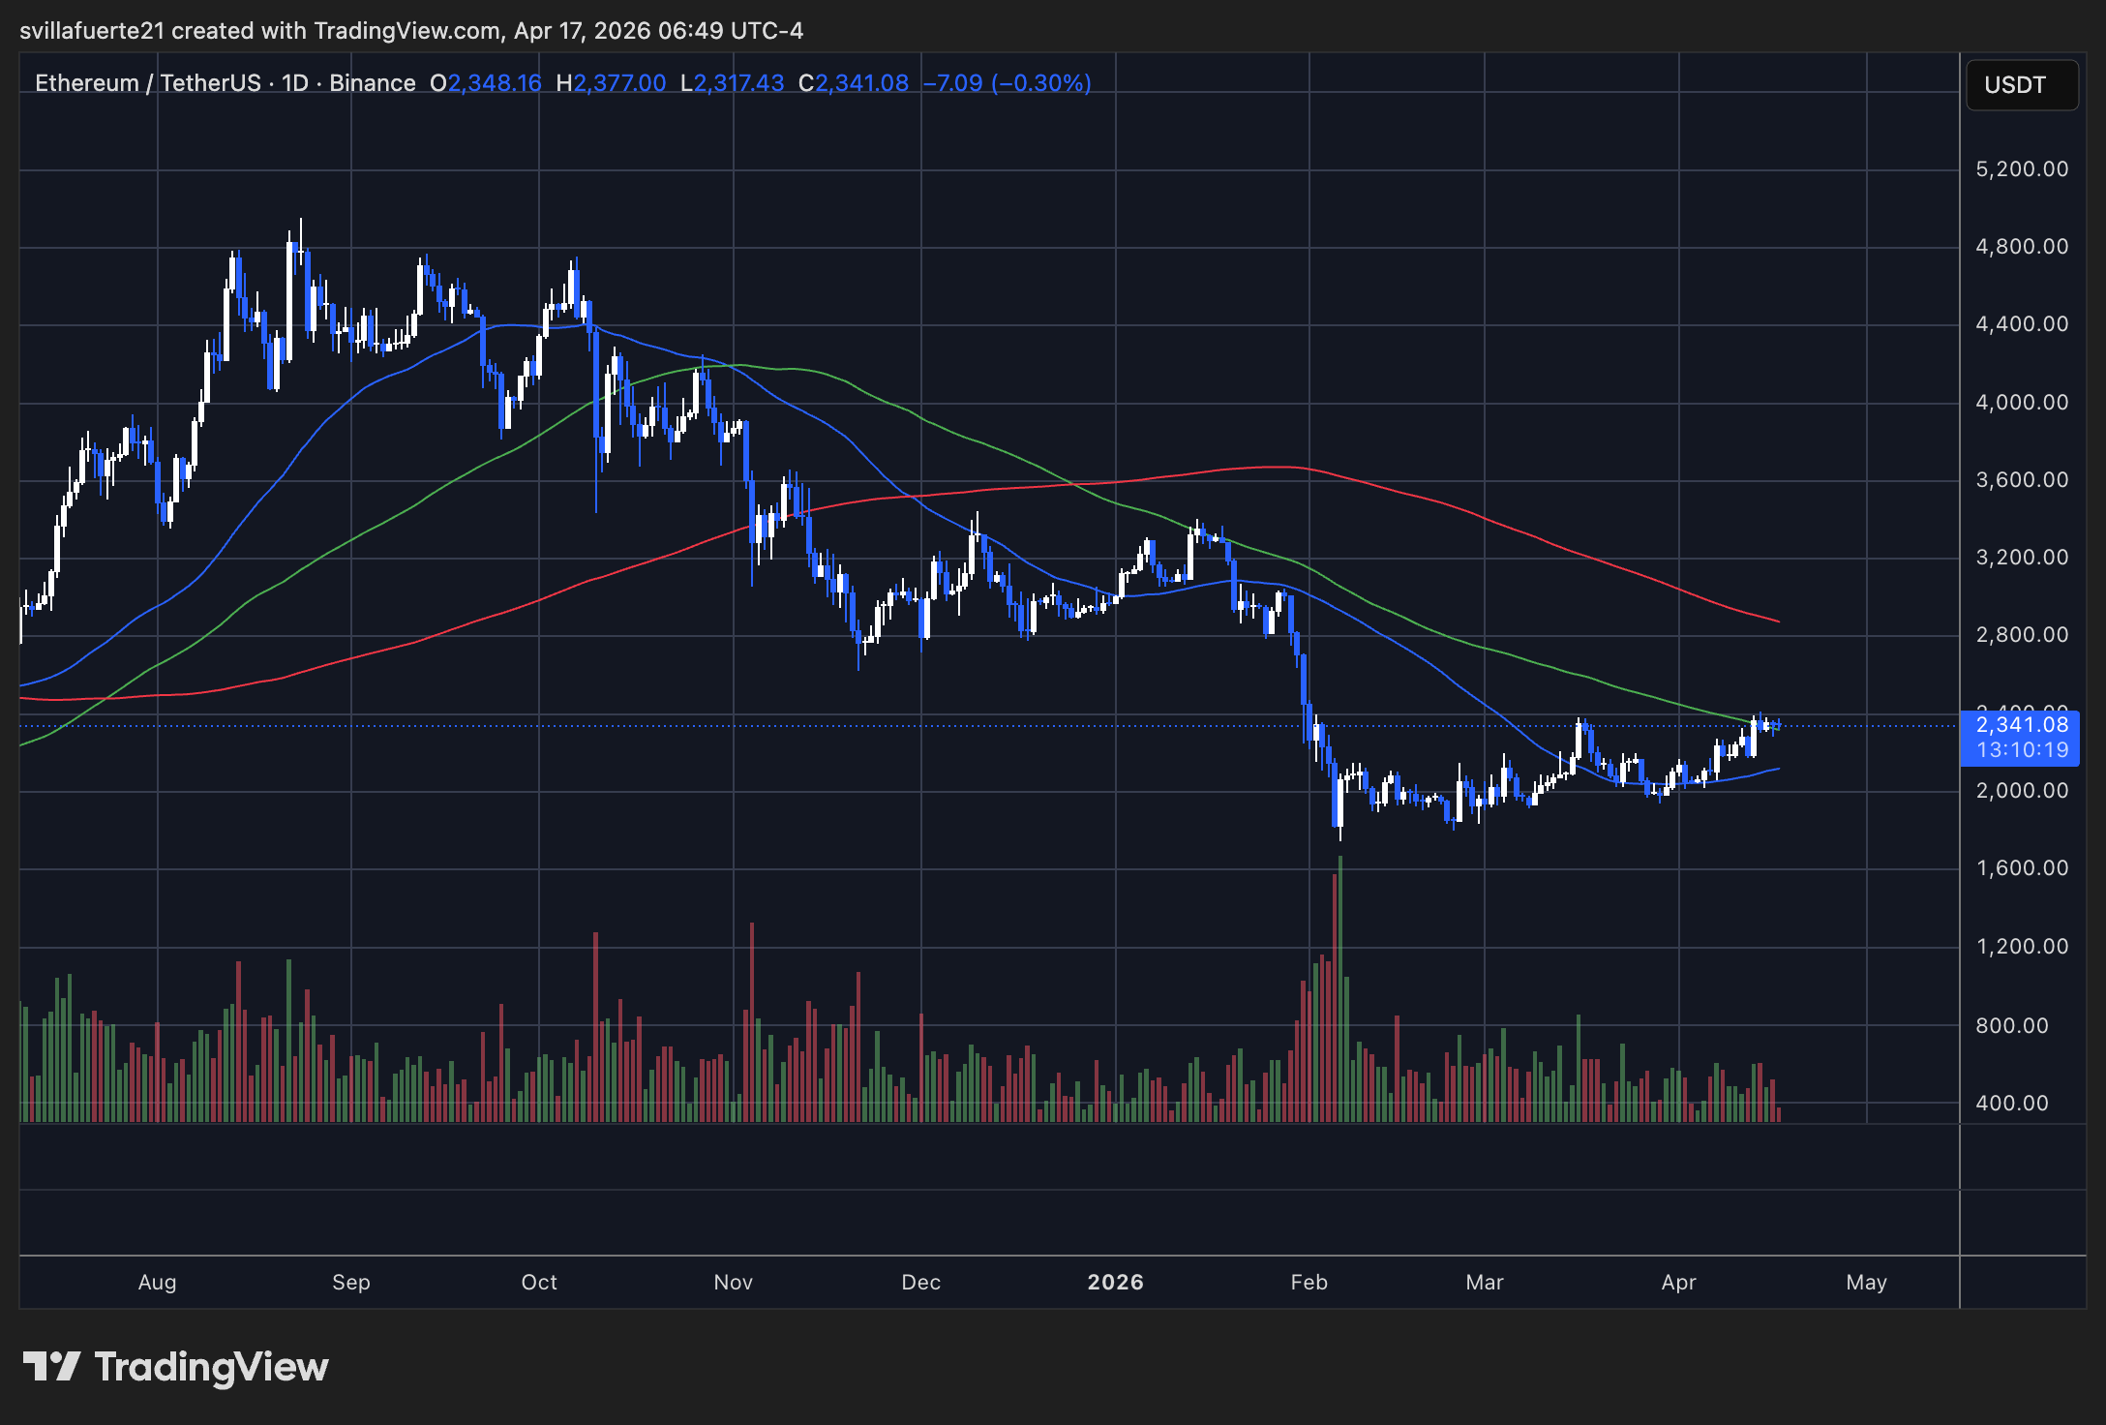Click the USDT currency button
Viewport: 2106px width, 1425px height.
pos(2021,85)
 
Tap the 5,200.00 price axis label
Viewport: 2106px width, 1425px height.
pos(2021,169)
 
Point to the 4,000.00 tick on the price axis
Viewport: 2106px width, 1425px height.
pos(2021,403)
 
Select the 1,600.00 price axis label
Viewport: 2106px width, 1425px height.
pos(2021,868)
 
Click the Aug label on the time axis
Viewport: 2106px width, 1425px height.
pos(157,1283)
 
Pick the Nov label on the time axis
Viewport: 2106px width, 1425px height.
pos(733,1283)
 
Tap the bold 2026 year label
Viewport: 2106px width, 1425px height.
pos(1115,1283)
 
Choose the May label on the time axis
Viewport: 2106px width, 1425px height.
pos(1866,1283)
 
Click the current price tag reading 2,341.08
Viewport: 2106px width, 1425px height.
pos(2021,725)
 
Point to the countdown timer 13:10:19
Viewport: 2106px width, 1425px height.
pos(2021,750)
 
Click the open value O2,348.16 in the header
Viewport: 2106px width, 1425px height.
pos(486,83)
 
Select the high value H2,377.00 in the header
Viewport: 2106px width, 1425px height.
pos(611,83)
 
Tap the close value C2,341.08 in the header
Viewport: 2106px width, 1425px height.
pos(854,83)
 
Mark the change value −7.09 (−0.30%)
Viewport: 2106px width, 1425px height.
pos(1007,83)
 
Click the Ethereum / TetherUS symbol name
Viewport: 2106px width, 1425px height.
pos(148,83)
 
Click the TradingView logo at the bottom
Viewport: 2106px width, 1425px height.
pos(176,1367)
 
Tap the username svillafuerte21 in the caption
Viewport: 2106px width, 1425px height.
pos(93,31)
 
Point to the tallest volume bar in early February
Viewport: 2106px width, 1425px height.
pos(1340,987)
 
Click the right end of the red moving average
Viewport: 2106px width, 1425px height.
pos(1778,622)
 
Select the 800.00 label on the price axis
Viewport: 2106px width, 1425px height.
pos(2011,1026)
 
